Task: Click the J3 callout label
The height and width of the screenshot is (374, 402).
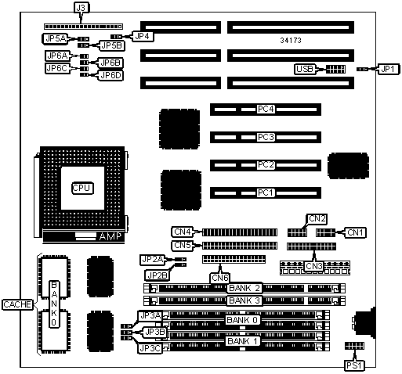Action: pos(81,8)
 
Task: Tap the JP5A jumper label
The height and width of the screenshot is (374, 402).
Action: pos(56,38)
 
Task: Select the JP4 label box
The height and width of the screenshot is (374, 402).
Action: pos(143,36)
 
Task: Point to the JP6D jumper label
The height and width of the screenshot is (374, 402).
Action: pos(110,75)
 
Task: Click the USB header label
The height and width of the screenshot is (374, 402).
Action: pos(305,69)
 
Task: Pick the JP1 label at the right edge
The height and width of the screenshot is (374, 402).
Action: pos(388,69)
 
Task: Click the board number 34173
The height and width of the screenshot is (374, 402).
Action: pos(291,41)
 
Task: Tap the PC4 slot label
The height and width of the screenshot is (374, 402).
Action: pos(266,109)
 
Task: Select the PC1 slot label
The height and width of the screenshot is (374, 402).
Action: pos(266,192)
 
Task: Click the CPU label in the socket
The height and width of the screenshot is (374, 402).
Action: pos(82,188)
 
